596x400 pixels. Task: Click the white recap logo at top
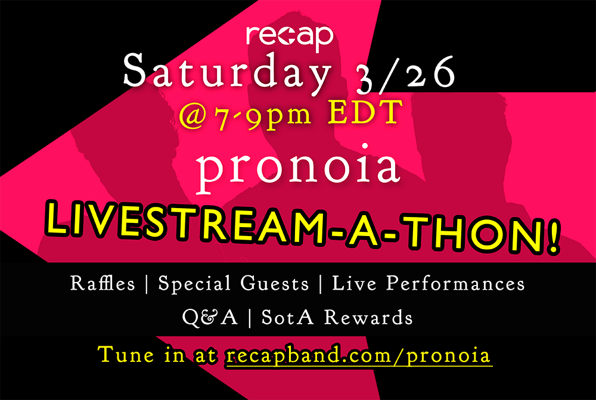[x=289, y=38]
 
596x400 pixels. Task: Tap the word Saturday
[x=227, y=73]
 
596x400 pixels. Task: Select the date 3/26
[x=405, y=74]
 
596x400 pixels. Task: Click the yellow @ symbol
[x=193, y=117]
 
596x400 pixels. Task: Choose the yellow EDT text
[x=365, y=113]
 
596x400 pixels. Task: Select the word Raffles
[x=103, y=283]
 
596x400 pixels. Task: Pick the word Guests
[x=274, y=284]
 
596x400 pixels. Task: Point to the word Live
[x=354, y=283]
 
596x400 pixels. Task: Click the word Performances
[x=455, y=283]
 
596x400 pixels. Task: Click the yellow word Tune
[x=126, y=354]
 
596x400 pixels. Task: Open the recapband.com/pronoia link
[x=358, y=356]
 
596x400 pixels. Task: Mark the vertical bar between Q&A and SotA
[x=250, y=318]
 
